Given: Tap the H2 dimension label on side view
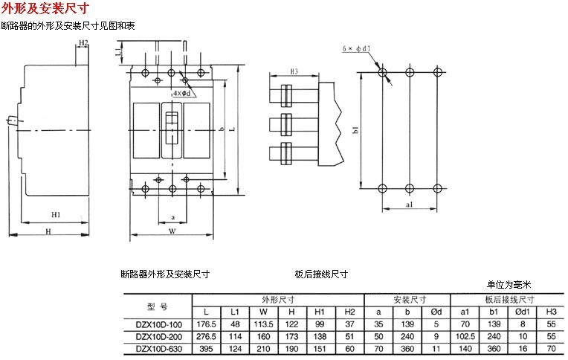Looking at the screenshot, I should tap(83, 42).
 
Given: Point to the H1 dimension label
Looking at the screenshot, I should tap(56, 215).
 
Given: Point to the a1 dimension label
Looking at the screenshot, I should tap(410, 203).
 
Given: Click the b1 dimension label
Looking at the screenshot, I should tap(355, 130).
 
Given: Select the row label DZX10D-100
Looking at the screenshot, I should tap(155, 325).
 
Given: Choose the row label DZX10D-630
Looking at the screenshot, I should tap(155, 349).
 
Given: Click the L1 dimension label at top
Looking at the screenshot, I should tap(120, 53).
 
